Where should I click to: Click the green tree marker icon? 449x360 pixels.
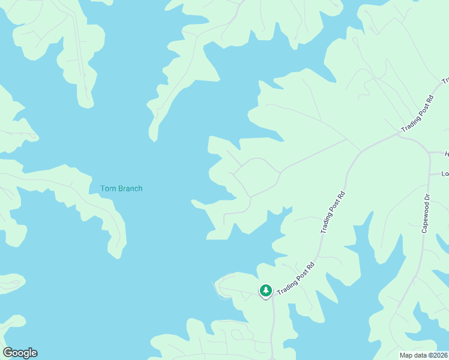[265, 290]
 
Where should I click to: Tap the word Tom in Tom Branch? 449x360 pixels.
[107, 188]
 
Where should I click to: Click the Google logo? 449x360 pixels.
[20, 353]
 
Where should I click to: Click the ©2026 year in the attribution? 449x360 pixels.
[438, 355]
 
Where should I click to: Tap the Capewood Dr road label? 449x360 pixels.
[425, 214]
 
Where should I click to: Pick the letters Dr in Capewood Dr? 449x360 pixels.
[426, 197]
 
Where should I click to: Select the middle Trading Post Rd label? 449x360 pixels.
[334, 212]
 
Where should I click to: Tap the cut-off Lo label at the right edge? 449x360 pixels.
[445, 174]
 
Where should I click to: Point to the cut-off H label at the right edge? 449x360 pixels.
[446, 154]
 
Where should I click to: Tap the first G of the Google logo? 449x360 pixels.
[8, 353]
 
